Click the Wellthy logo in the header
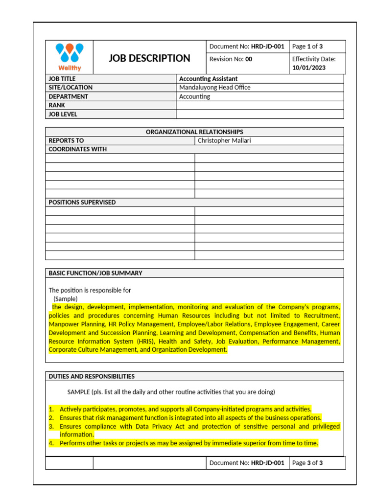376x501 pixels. coord(69,57)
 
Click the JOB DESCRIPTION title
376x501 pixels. coord(149,58)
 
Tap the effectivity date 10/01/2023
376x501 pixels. coord(309,68)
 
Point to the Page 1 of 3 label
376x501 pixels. coord(307,46)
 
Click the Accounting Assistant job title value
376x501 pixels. coord(208,78)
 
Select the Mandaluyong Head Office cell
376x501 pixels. coord(214,87)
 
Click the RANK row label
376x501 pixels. coord(57,105)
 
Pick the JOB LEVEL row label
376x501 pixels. coord(63,114)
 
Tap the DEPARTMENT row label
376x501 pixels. coord(68,96)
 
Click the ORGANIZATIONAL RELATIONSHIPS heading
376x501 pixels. coord(194,132)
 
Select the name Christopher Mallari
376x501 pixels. coord(224,140)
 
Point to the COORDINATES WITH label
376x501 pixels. coord(77,149)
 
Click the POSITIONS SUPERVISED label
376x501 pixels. coord(82,202)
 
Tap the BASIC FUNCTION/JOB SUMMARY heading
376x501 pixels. coord(95,273)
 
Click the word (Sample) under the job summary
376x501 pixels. coord(66,298)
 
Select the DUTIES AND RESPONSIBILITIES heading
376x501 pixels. coord(92,376)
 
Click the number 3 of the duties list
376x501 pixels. coord(51,426)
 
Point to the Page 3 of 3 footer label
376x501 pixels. coord(307,463)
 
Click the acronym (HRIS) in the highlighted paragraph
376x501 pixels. coord(144,341)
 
